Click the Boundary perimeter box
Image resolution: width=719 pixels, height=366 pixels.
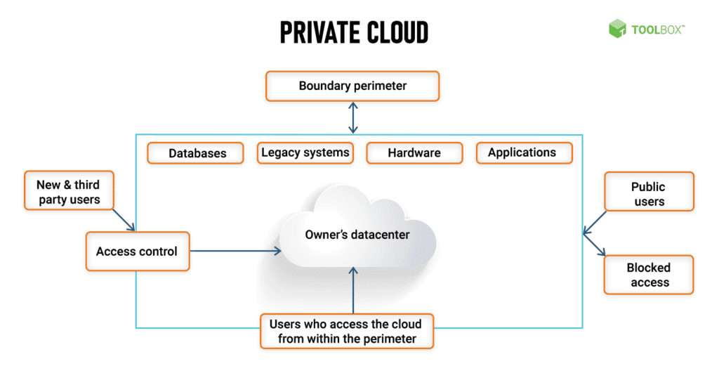[352, 86]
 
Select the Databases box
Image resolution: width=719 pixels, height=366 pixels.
[195, 152]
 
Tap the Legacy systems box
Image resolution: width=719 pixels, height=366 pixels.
[305, 152]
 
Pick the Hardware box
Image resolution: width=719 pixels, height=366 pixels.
[414, 152]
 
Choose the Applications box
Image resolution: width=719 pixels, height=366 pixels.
[524, 152]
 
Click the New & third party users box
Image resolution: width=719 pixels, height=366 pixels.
[69, 191]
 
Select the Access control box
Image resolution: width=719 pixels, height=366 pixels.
[138, 251]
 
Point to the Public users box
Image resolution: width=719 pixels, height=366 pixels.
[649, 192]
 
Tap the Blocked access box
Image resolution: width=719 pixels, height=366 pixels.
[648, 275]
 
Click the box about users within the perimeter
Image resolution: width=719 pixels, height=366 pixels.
[347, 331]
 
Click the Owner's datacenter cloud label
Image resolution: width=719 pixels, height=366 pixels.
[357, 235]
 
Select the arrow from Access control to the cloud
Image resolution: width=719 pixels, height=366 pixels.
[236, 251]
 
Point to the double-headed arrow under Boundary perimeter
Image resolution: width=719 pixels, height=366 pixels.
[353, 118]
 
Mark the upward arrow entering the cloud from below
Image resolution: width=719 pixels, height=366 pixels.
[353, 290]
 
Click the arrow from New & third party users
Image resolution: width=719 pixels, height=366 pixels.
[124, 220]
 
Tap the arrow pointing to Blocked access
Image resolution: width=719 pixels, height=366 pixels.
[595, 245]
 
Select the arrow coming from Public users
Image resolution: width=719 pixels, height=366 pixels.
[595, 223]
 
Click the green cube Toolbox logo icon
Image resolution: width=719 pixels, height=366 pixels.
[617, 28]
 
